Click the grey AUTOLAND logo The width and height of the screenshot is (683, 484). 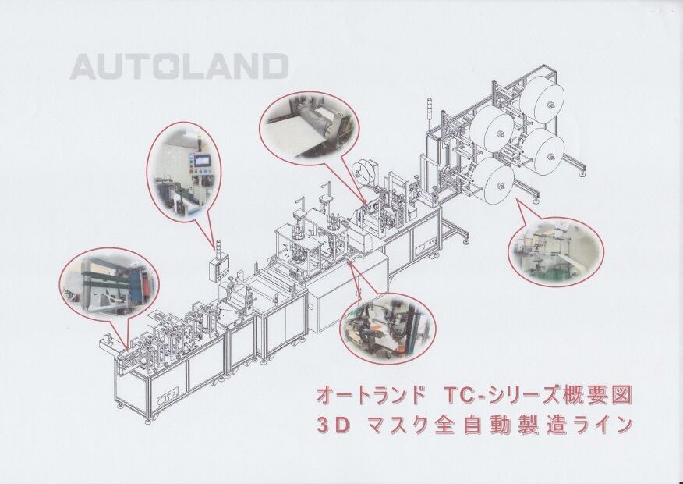point(179,66)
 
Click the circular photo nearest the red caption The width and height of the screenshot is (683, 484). point(388,327)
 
